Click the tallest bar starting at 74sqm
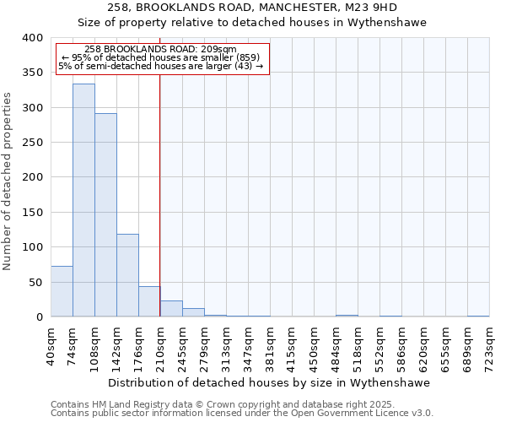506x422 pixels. point(83,200)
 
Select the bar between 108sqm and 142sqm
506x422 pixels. point(105,215)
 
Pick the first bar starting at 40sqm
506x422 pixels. point(62,291)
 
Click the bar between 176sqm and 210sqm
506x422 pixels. point(149,301)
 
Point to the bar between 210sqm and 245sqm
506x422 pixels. point(171,309)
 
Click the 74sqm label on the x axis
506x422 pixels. point(73,346)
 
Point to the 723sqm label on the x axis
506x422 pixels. point(490,348)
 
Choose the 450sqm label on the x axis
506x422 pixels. point(314,348)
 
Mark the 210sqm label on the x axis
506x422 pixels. point(160,348)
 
